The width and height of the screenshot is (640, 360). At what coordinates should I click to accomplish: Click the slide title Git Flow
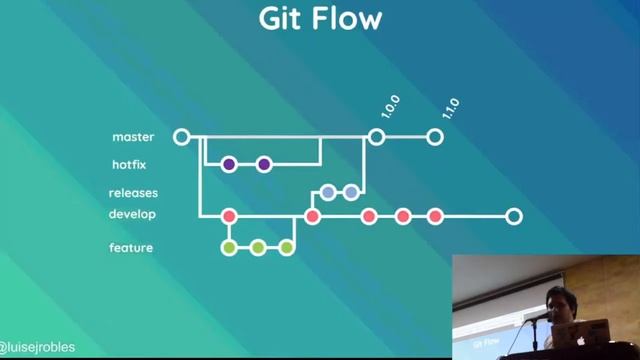click(320, 20)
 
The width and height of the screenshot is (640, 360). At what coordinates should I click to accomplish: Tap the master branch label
click(133, 137)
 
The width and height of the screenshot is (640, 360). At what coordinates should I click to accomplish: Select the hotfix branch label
click(131, 164)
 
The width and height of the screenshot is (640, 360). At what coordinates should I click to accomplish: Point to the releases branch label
click(133, 193)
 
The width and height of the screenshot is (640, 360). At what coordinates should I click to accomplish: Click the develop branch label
click(132, 214)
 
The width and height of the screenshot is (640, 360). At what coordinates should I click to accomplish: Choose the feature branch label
click(131, 247)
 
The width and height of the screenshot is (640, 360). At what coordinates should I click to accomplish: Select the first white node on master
click(181, 137)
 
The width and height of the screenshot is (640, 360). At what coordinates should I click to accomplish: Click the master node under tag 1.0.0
click(376, 137)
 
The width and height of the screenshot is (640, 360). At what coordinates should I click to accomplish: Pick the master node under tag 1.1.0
click(434, 137)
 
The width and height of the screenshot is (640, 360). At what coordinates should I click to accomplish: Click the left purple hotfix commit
click(229, 164)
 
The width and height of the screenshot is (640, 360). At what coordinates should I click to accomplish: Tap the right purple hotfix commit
click(264, 164)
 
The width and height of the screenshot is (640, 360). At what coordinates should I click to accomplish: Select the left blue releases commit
click(328, 192)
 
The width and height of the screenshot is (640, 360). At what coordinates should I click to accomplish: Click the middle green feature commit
click(257, 247)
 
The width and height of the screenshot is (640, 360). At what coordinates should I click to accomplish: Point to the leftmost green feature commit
click(229, 247)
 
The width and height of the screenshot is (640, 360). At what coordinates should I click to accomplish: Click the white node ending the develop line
click(513, 216)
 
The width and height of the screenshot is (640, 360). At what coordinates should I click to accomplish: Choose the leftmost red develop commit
click(229, 216)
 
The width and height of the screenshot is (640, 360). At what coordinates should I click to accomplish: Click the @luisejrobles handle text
click(38, 348)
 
